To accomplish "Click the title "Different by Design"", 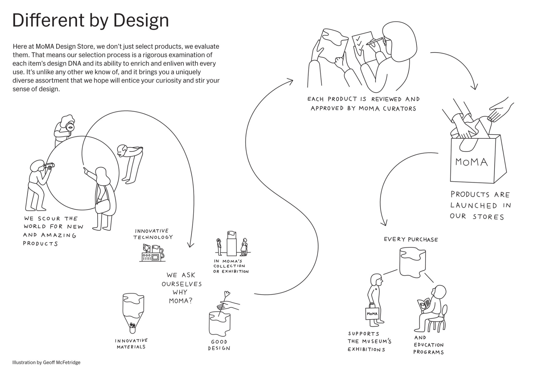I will [90, 21].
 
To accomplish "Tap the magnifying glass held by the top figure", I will [70, 126].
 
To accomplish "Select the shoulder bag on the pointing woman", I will [103, 206].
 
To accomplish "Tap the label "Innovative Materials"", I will [131, 344].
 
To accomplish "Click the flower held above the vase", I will [226, 294].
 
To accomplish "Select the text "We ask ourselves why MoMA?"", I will [182, 288].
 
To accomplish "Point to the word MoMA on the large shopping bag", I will [471, 162].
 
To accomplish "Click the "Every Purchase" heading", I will [411, 239].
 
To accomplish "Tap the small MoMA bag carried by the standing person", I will [372, 313].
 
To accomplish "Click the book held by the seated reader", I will [424, 305].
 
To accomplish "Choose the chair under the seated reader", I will [438, 321].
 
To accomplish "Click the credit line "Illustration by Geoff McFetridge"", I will [46, 362].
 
